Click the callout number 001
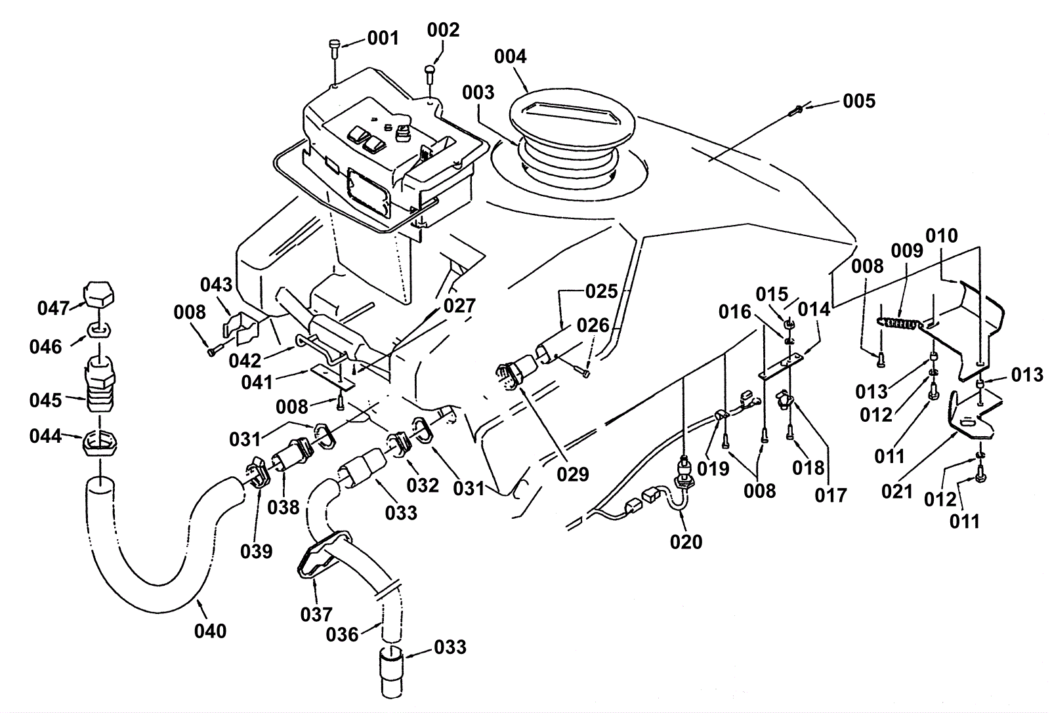[383, 38]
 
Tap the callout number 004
[510, 57]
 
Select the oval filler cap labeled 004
[572, 124]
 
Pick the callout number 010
[941, 235]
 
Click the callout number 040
[211, 631]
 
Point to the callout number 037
[316, 615]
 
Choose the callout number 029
[573, 474]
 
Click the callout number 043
[217, 285]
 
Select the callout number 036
[342, 634]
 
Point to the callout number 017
[831, 495]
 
